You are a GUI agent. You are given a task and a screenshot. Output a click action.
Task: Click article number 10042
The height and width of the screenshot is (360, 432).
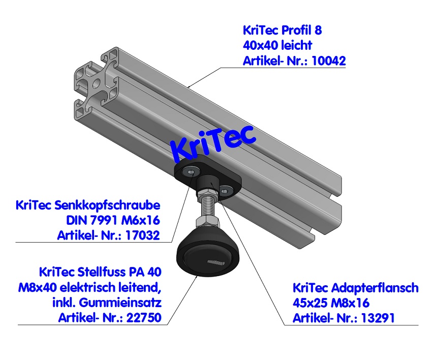point(329,61)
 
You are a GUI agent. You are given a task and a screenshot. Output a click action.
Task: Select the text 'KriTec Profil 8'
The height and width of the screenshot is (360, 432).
point(282,30)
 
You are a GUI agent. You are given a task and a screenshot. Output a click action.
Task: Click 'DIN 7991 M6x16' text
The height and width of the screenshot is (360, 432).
point(113,221)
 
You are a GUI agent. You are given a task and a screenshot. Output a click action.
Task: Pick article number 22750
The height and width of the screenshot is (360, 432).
point(144,319)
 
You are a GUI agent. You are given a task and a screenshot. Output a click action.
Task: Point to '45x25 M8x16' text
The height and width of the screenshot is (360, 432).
point(330,303)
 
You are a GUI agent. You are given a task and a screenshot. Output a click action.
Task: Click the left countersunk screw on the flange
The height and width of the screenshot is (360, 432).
point(190,170)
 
